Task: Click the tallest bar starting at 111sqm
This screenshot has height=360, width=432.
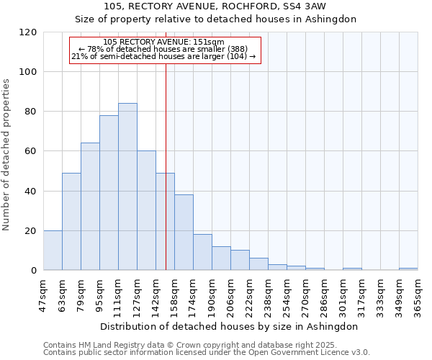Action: [127, 186]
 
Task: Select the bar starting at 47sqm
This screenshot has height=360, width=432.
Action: [53, 251]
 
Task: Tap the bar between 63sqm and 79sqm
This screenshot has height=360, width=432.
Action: [71, 222]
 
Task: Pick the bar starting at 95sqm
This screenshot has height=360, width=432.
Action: [109, 193]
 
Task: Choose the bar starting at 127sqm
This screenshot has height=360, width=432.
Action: [146, 210]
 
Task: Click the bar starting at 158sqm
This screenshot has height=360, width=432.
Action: [184, 233]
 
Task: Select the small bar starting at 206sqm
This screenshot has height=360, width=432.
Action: [240, 261]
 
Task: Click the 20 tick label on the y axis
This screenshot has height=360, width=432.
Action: [30, 231]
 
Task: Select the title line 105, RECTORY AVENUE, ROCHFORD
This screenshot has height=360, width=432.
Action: [216, 6]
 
